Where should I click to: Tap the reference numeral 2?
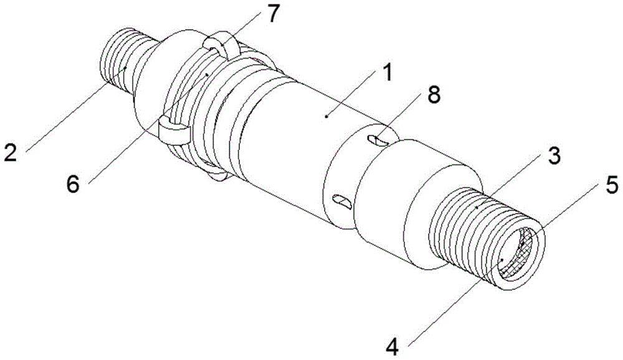[11, 152]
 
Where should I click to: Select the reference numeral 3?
[552, 156]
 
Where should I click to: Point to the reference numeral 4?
[392, 348]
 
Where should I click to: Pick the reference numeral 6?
[73, 185]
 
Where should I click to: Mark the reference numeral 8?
[433, 96]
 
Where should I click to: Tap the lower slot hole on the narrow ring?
[342, 201]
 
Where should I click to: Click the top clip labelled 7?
[219, 46]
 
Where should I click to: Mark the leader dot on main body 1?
[326, 116]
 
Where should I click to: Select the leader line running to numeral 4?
[456, 298]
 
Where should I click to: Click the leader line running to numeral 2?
[75, 109]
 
